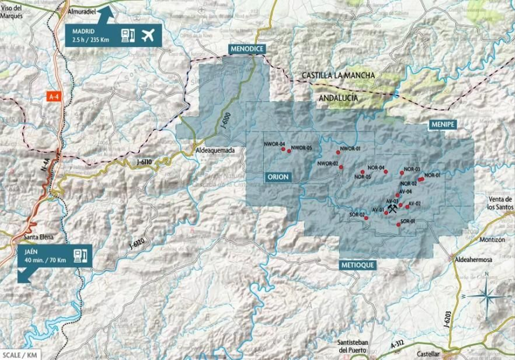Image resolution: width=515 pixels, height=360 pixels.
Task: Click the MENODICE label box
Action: point(247,49)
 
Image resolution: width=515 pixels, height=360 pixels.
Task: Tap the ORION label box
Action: point(278,177)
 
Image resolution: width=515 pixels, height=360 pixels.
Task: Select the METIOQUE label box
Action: point(358,265)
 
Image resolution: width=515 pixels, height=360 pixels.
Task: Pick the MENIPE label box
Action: point(443,125)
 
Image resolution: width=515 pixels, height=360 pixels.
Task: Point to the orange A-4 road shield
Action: point(53,97)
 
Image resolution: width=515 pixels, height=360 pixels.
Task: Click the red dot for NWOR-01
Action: point(338,152)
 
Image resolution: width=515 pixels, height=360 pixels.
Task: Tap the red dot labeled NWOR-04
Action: point(283,149)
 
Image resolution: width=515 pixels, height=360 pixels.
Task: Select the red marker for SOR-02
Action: point(366,218)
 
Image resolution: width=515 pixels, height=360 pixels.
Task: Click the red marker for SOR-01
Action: point(398,225)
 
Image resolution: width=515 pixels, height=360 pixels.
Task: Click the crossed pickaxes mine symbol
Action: point(392,208)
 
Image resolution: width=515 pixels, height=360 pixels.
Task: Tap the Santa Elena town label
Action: point(39,237)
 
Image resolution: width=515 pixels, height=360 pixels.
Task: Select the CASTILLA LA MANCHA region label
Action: point(338,76)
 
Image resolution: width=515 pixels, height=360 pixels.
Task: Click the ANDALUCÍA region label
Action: point(338,98)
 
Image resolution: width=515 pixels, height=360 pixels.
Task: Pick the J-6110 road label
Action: point(144,162)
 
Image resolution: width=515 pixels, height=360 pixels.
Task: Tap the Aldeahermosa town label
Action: point(473,259)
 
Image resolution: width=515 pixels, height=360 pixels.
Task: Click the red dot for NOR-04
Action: point(386,172)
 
